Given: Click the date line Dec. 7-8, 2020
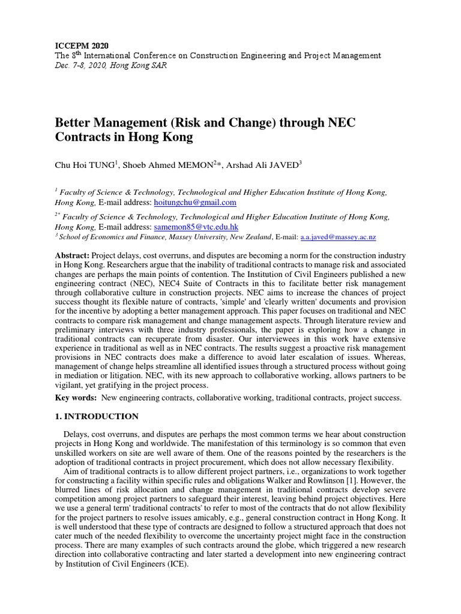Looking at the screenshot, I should tap(111, 65).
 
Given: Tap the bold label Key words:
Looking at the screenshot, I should tap(76, 398).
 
